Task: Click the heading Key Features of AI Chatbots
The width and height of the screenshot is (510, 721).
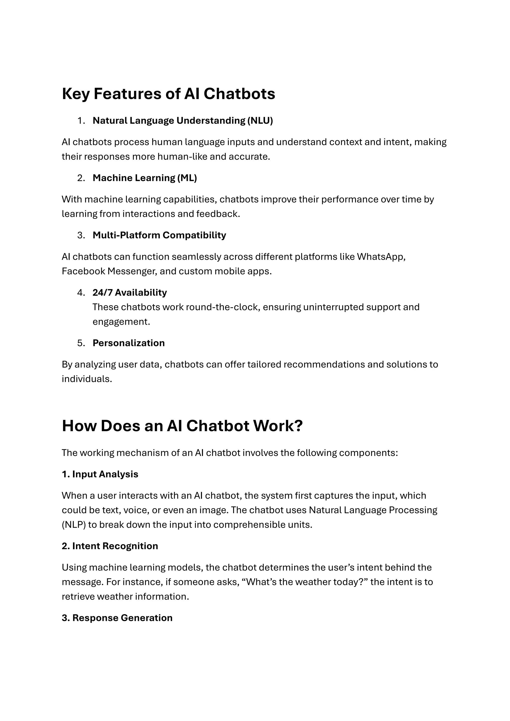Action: (x=168, y=94)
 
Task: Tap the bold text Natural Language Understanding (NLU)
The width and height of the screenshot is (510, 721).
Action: (x=183, y=120)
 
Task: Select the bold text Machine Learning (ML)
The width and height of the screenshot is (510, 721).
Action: (x=144, y=178)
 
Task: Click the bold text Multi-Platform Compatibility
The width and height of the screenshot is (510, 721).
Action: (x=159, y=235)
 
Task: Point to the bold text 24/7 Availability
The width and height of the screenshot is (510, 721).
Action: (x=129, y=293)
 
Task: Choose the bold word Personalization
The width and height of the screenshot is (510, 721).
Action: (x=128, y=343)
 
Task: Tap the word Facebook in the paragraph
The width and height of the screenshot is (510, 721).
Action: (x=83, y=271)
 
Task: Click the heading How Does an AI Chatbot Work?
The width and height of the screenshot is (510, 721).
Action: (x=182, y=426)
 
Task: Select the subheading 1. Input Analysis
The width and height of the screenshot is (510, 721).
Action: (x=100, y=474)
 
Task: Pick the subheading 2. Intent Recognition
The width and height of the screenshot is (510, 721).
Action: (x=110, y=546)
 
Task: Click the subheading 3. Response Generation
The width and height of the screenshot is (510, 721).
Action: (x=117, y=618)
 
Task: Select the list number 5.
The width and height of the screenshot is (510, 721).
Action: (x=81, y=343)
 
